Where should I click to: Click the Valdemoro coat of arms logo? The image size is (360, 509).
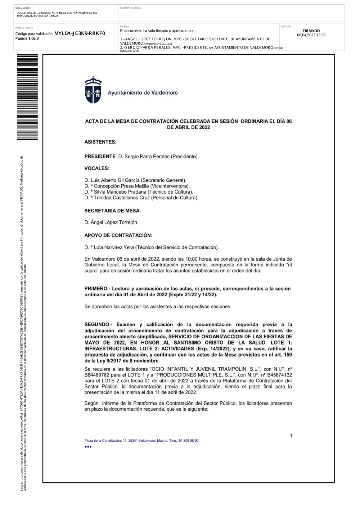point(93,90)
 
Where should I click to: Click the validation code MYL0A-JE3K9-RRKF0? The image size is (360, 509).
point(80,33)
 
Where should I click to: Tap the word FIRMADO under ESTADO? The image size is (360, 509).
point(311,31)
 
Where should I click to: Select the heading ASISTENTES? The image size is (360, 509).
point(100,142)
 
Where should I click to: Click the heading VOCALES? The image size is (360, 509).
point(97,168)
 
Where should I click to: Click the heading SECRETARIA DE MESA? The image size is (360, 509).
point(113,211)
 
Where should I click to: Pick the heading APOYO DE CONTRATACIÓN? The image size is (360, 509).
point(118,235)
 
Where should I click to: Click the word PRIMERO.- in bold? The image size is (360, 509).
point(97,289)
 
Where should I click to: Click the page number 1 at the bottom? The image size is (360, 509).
point(291,436)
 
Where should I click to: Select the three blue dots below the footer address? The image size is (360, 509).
point(88,447)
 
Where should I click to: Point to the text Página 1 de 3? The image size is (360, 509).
point(27,39)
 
